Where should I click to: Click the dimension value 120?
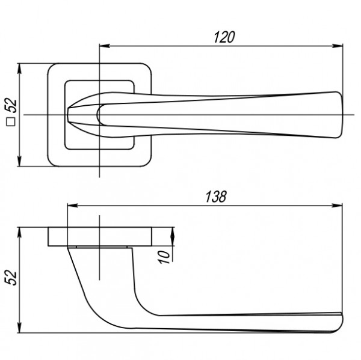(x=224, y=37)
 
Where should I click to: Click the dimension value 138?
(x=216, y=197)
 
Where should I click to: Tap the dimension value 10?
(x=164, y=257)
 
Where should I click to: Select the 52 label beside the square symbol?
(x=11, y=106)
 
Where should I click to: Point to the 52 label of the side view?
(x=11, y=278)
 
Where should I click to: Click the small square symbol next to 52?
(x=11, y=122)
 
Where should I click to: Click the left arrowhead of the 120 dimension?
(x=105, y=46)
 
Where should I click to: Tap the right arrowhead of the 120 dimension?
(x=338, y=46)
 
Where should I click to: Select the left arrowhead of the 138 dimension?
(x=73, y=206)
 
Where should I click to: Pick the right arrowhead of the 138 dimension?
(x=337, y=206)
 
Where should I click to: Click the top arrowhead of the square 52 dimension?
(x=19, y=69)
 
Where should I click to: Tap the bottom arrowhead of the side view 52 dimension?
(x=19, y=328)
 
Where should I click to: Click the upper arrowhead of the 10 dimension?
(x=172, y=233)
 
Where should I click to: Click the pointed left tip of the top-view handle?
(x=69, y=115)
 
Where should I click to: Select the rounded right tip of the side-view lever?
(x=342, y=323)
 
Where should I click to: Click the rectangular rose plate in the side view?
(x=100, y=236)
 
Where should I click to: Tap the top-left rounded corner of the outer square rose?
(x=52, y=67)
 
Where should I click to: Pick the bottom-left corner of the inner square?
(x=67, y=147)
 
